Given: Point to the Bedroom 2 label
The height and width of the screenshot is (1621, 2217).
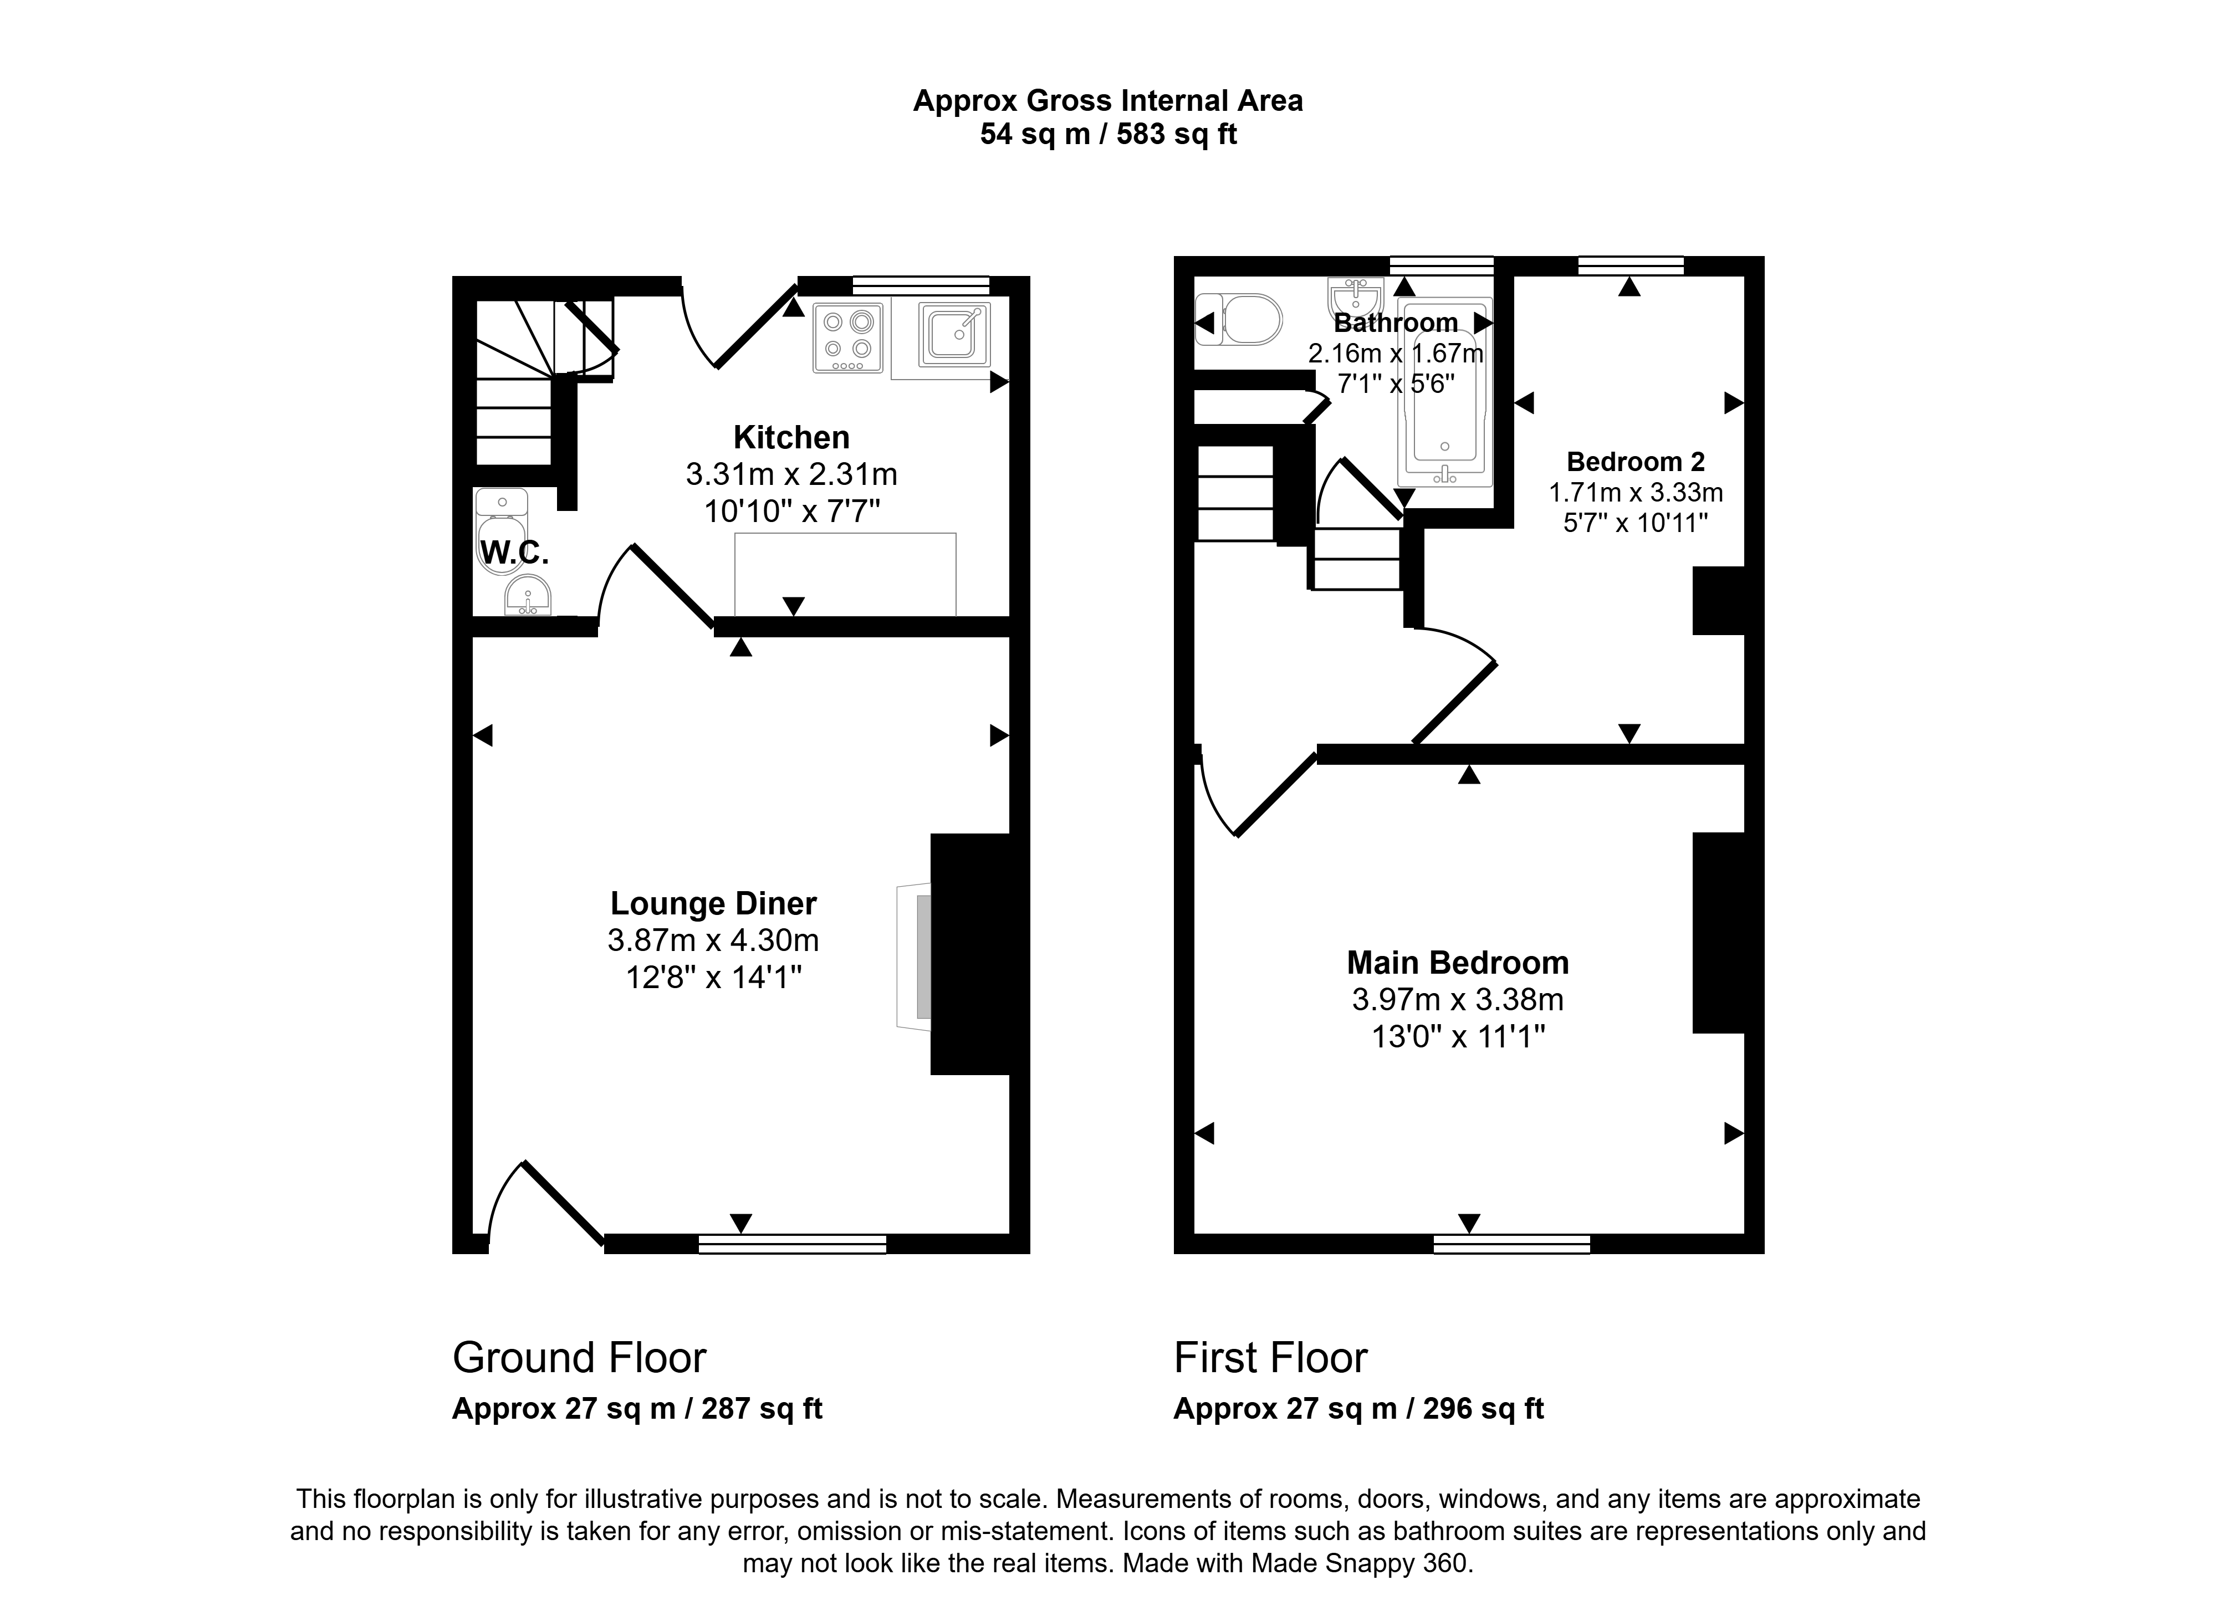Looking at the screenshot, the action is tap(1636, 461).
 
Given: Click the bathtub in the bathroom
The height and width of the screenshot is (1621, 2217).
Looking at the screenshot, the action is tap(1444, 392).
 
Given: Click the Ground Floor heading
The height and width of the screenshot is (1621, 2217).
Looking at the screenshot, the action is tap(579, 1358).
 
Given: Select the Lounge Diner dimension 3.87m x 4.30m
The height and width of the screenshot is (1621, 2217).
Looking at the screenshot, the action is tap(713, 940).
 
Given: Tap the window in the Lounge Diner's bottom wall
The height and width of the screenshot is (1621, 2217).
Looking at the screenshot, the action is tap(792, 1244).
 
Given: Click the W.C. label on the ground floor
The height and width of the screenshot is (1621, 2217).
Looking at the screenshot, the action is tap(514, 554).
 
